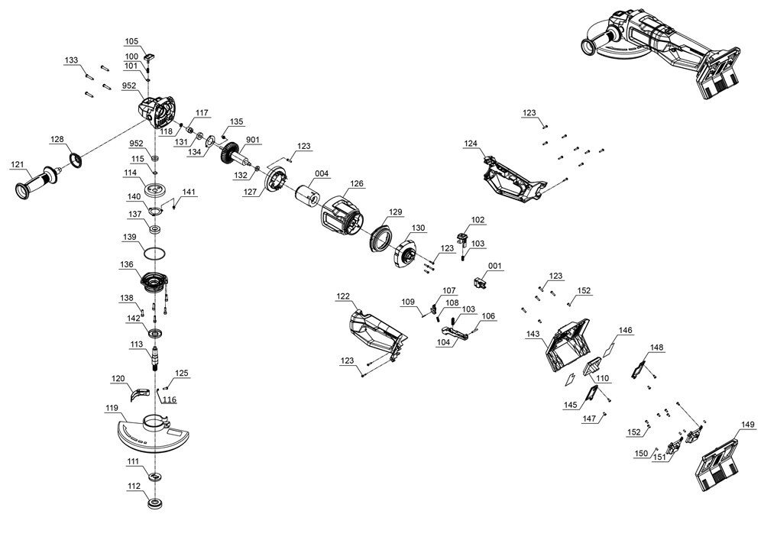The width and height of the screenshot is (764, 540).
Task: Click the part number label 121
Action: [17, 166]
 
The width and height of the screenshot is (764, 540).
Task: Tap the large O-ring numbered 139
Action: [154, 253]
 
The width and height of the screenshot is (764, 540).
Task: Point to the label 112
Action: [134, 486]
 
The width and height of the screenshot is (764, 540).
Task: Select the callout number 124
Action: [471, 144]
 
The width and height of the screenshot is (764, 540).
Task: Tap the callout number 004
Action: [322, 174]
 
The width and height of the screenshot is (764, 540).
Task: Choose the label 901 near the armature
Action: [253, 140]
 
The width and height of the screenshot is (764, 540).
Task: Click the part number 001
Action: [496, 267]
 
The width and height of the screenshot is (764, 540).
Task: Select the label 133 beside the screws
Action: [72, 60]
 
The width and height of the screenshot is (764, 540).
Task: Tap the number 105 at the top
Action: [132, 41]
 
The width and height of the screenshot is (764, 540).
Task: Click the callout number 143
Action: [533, 334]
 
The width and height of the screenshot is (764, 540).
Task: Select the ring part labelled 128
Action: [76, 160]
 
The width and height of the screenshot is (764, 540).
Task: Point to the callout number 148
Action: [657, 348]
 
